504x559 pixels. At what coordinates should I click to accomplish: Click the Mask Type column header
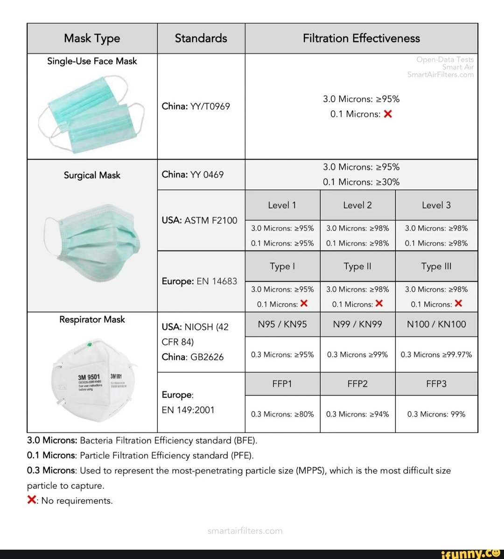[92, 38]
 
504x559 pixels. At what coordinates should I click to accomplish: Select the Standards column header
[201, 38]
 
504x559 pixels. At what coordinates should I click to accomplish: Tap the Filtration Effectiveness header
[361, 38]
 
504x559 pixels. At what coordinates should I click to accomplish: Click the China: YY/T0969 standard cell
[196, 106]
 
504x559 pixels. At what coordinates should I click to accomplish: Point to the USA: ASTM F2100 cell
[199, 220]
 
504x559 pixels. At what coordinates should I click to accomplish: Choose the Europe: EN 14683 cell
[199, 281]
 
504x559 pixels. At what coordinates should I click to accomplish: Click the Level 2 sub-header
[357, 205]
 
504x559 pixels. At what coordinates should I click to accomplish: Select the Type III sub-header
[436, 266]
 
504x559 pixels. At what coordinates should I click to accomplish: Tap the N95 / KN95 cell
[282, 324]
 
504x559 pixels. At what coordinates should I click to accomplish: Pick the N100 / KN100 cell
[436, 324]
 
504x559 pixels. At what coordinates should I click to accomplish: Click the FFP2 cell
[357, 384]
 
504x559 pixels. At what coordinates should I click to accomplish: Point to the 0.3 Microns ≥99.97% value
[436, 354]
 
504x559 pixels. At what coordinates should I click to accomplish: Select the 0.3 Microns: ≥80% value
[282, 414]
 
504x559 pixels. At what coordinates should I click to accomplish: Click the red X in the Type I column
[304, 304]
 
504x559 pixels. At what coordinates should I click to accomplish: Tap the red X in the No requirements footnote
[31, 500]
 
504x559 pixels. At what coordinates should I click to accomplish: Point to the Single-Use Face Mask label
[92, 61]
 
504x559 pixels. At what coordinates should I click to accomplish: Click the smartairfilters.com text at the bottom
[245, 531]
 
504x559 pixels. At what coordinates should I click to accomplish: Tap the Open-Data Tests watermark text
[445, 59]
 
